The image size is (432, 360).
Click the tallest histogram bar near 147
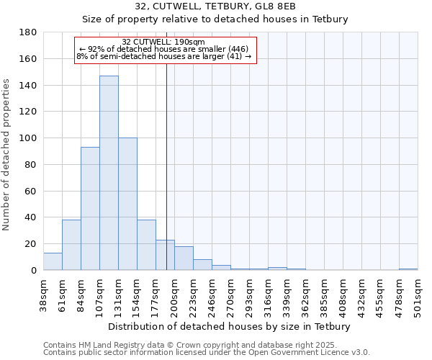coord(109,173)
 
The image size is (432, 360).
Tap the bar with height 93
coord(90,209)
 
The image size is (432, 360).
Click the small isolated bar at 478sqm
coord(408,269)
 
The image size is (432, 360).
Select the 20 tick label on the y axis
coord(32,244)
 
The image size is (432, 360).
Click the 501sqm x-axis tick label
coord(418,297)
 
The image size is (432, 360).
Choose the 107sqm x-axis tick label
coord(100,297)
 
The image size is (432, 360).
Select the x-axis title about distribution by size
coord(230,326)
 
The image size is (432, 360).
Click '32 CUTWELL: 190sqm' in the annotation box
coord(163,42)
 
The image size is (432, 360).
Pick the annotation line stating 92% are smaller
coord(163,49)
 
